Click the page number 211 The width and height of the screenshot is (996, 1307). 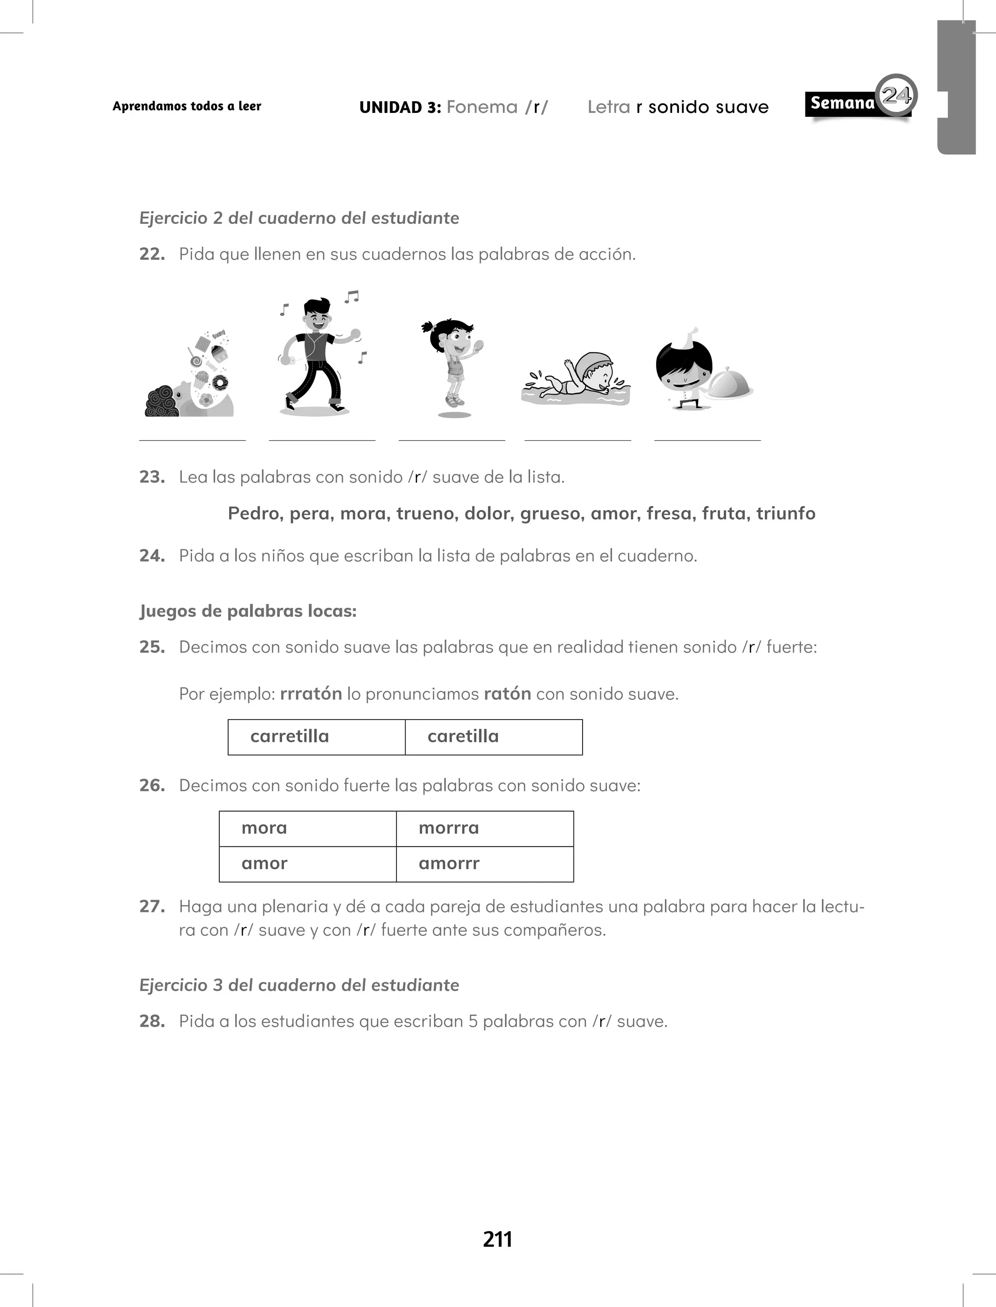(497, 1239)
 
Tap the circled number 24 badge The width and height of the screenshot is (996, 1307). (896, 95)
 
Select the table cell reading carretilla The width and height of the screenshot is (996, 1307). (317, 737)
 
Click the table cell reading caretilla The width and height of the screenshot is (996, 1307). (493, 737)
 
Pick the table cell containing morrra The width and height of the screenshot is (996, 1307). (484, 829)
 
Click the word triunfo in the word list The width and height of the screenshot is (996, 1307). (785, 513)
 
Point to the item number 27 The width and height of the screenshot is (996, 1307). (152, 906)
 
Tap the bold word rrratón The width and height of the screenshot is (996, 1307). (311, 693)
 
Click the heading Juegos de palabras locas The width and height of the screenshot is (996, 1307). (248, 611)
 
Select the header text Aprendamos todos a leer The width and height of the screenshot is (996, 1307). (187, 106)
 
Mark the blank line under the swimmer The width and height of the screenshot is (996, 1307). (577, 440)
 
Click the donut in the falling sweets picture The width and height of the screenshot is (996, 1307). (220, 382)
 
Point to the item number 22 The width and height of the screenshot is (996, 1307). (152, 254)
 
